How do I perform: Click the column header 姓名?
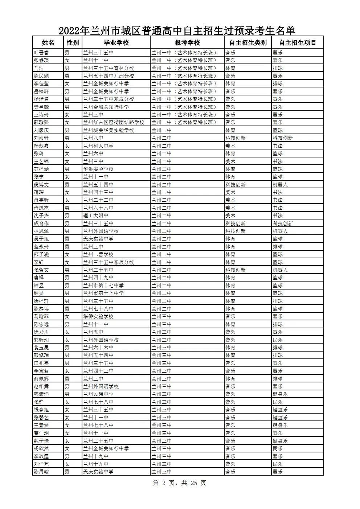(48, 42)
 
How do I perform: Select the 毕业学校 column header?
(116, 42)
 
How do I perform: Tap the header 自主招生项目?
(298, 42)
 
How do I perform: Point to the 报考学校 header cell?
(187, 42)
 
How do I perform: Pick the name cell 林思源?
(41, 231)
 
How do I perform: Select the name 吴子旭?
(41, 239)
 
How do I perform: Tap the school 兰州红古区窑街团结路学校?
(114, 122)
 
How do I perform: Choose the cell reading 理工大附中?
(96, 215)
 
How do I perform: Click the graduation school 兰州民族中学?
(98, 394)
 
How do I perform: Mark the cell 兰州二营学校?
(98, 254)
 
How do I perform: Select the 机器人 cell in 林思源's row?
(280, 231)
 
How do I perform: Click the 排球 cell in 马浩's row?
(278, 68)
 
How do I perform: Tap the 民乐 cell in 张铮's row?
(278, 402)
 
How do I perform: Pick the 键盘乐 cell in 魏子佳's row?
(280, 441)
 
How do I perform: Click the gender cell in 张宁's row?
(67, 177)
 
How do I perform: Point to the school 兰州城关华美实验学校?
(109, 130)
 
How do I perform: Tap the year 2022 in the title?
(71, 30)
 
